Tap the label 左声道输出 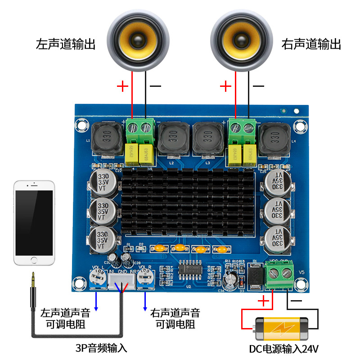pyautogui.click(x=66, y=45)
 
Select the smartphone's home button pyautogui.click(x=34, y=259)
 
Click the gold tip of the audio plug pyautogui.click(x=33, y=279)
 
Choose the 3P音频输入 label pyautogui.click(x=101, y=348)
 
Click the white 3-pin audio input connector pyautogui.click(x=121, y=282)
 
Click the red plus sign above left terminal pyautogui.click(x=122, y=86)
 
